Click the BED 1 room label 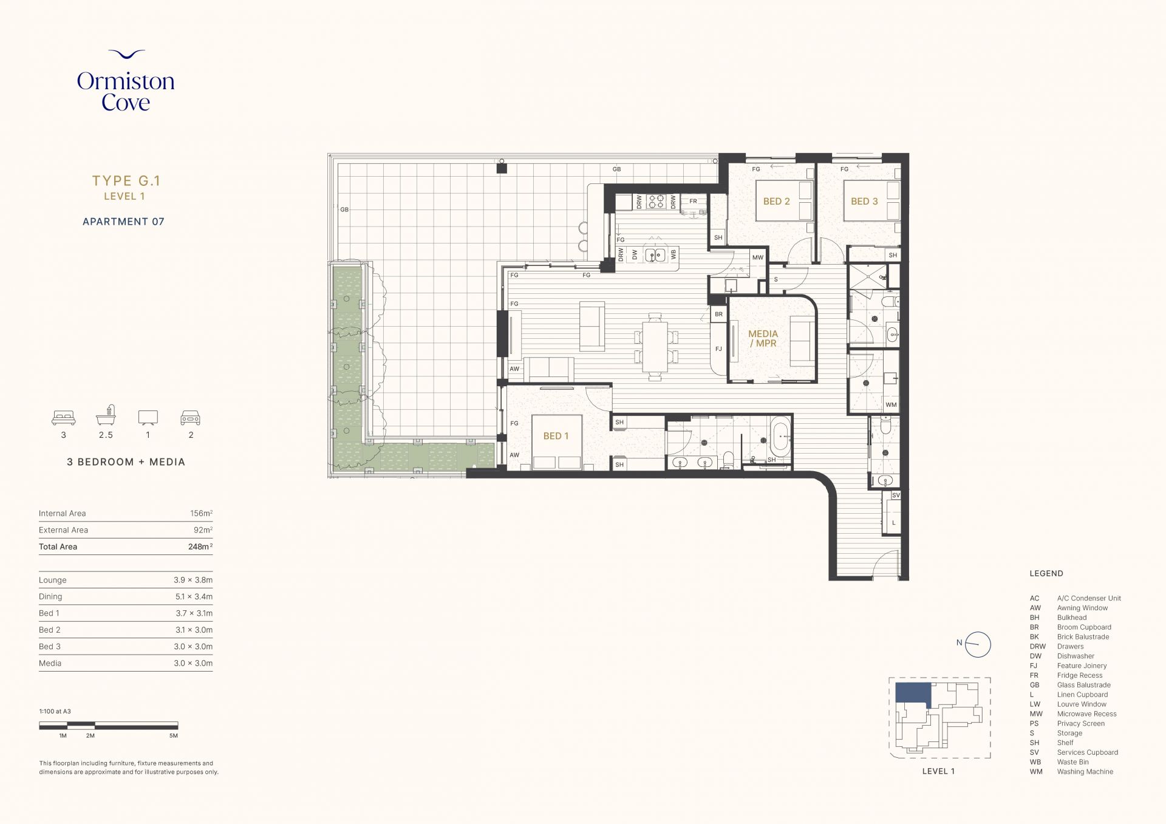coord(556,436)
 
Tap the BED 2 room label coord(776,202)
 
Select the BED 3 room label coord(864,202)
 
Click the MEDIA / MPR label coord(763,338)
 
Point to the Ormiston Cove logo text coord(126,92)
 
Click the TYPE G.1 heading coord(126,180)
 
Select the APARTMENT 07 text coord(123,222)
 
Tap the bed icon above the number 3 coord(64,418)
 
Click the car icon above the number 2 coord(191,418)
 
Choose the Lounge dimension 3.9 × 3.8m coord(193,580)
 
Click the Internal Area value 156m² coord(201,513)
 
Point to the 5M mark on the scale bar coord(174,736)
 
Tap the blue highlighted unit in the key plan coord(913,693)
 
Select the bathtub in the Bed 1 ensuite coord(781,437)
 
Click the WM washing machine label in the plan coord(891,405)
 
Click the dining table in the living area coord(655,347)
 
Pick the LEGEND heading coord(1046,573)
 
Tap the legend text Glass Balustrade coord(1084,685)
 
